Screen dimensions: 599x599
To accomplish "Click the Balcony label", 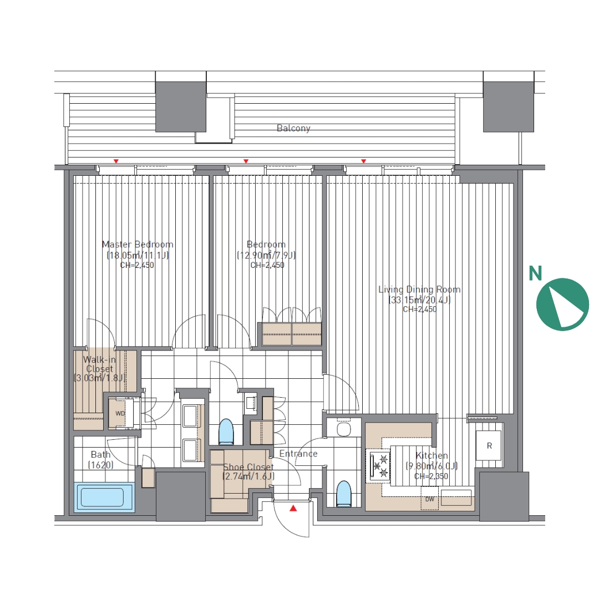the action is click(293, 128).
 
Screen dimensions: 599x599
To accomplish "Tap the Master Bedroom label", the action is click(138, 245).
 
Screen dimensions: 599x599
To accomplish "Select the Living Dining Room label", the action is click(419, 290).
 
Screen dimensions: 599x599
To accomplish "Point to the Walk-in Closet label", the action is click(99, 364).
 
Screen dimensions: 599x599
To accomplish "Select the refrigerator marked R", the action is click(488, 446).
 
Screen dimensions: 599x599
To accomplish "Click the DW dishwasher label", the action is click(430, 499).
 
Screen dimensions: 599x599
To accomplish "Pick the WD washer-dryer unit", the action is click(120, 413).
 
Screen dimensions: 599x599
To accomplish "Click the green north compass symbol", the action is click(562, 304).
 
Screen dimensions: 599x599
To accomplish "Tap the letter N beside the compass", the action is click(535, 273).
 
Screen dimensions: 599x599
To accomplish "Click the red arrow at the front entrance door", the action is click(293, 508).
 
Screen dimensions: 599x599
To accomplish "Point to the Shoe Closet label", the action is click(248, 467).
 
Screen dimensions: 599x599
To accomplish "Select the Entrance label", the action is click(298, 454).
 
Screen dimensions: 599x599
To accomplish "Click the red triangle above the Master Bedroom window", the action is click(116, 161).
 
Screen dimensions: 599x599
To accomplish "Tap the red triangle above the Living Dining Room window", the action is click(364, 161).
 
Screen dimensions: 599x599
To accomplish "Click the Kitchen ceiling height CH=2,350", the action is click(431, 476).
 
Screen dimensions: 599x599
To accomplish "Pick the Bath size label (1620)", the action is click(101, 465).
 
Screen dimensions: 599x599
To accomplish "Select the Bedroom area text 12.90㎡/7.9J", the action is click(266, 255).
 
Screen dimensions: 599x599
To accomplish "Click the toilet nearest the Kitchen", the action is click(343, 494).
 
